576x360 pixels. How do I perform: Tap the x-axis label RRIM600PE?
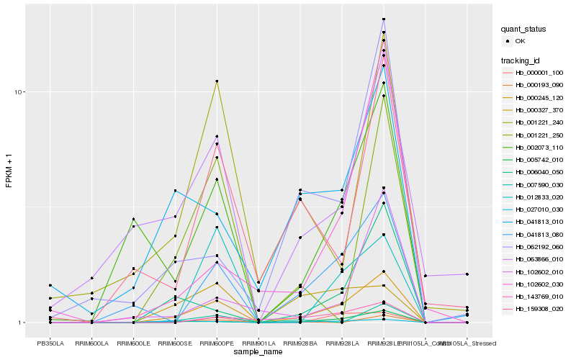(x=217, y=343)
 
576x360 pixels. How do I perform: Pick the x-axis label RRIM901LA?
(x=258, y=343)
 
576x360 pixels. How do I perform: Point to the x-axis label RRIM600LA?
(x=92, y=343)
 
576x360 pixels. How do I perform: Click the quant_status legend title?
(x=524, y=30)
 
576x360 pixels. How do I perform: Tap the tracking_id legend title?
(x=521, y=60)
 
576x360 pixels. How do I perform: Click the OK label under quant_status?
(x=521, y=42)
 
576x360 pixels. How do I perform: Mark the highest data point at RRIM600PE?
(x=217, y=81)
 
